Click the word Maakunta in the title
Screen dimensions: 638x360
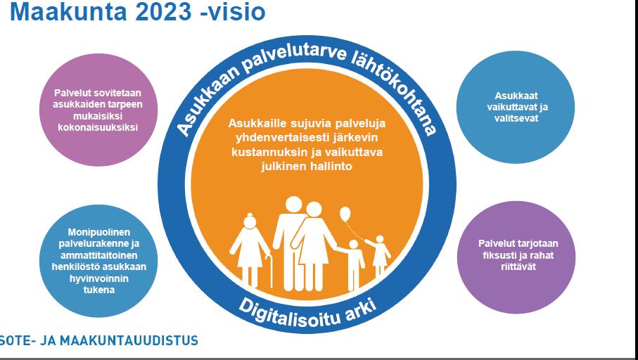point(68,12)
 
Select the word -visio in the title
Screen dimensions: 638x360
point(233,12)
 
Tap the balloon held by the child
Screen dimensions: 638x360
point(345,214)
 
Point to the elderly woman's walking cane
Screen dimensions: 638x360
point(269,270)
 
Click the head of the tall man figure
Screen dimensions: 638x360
point(294,205)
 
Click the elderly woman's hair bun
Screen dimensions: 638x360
point(250,215)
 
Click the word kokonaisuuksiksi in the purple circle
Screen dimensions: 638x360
point(98,127)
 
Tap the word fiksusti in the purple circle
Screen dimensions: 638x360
point(498,256)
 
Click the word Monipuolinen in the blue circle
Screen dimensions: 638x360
point(99,232)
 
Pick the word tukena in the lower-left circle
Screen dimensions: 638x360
point(99,290)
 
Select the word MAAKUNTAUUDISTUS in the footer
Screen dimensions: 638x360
point(129,340)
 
